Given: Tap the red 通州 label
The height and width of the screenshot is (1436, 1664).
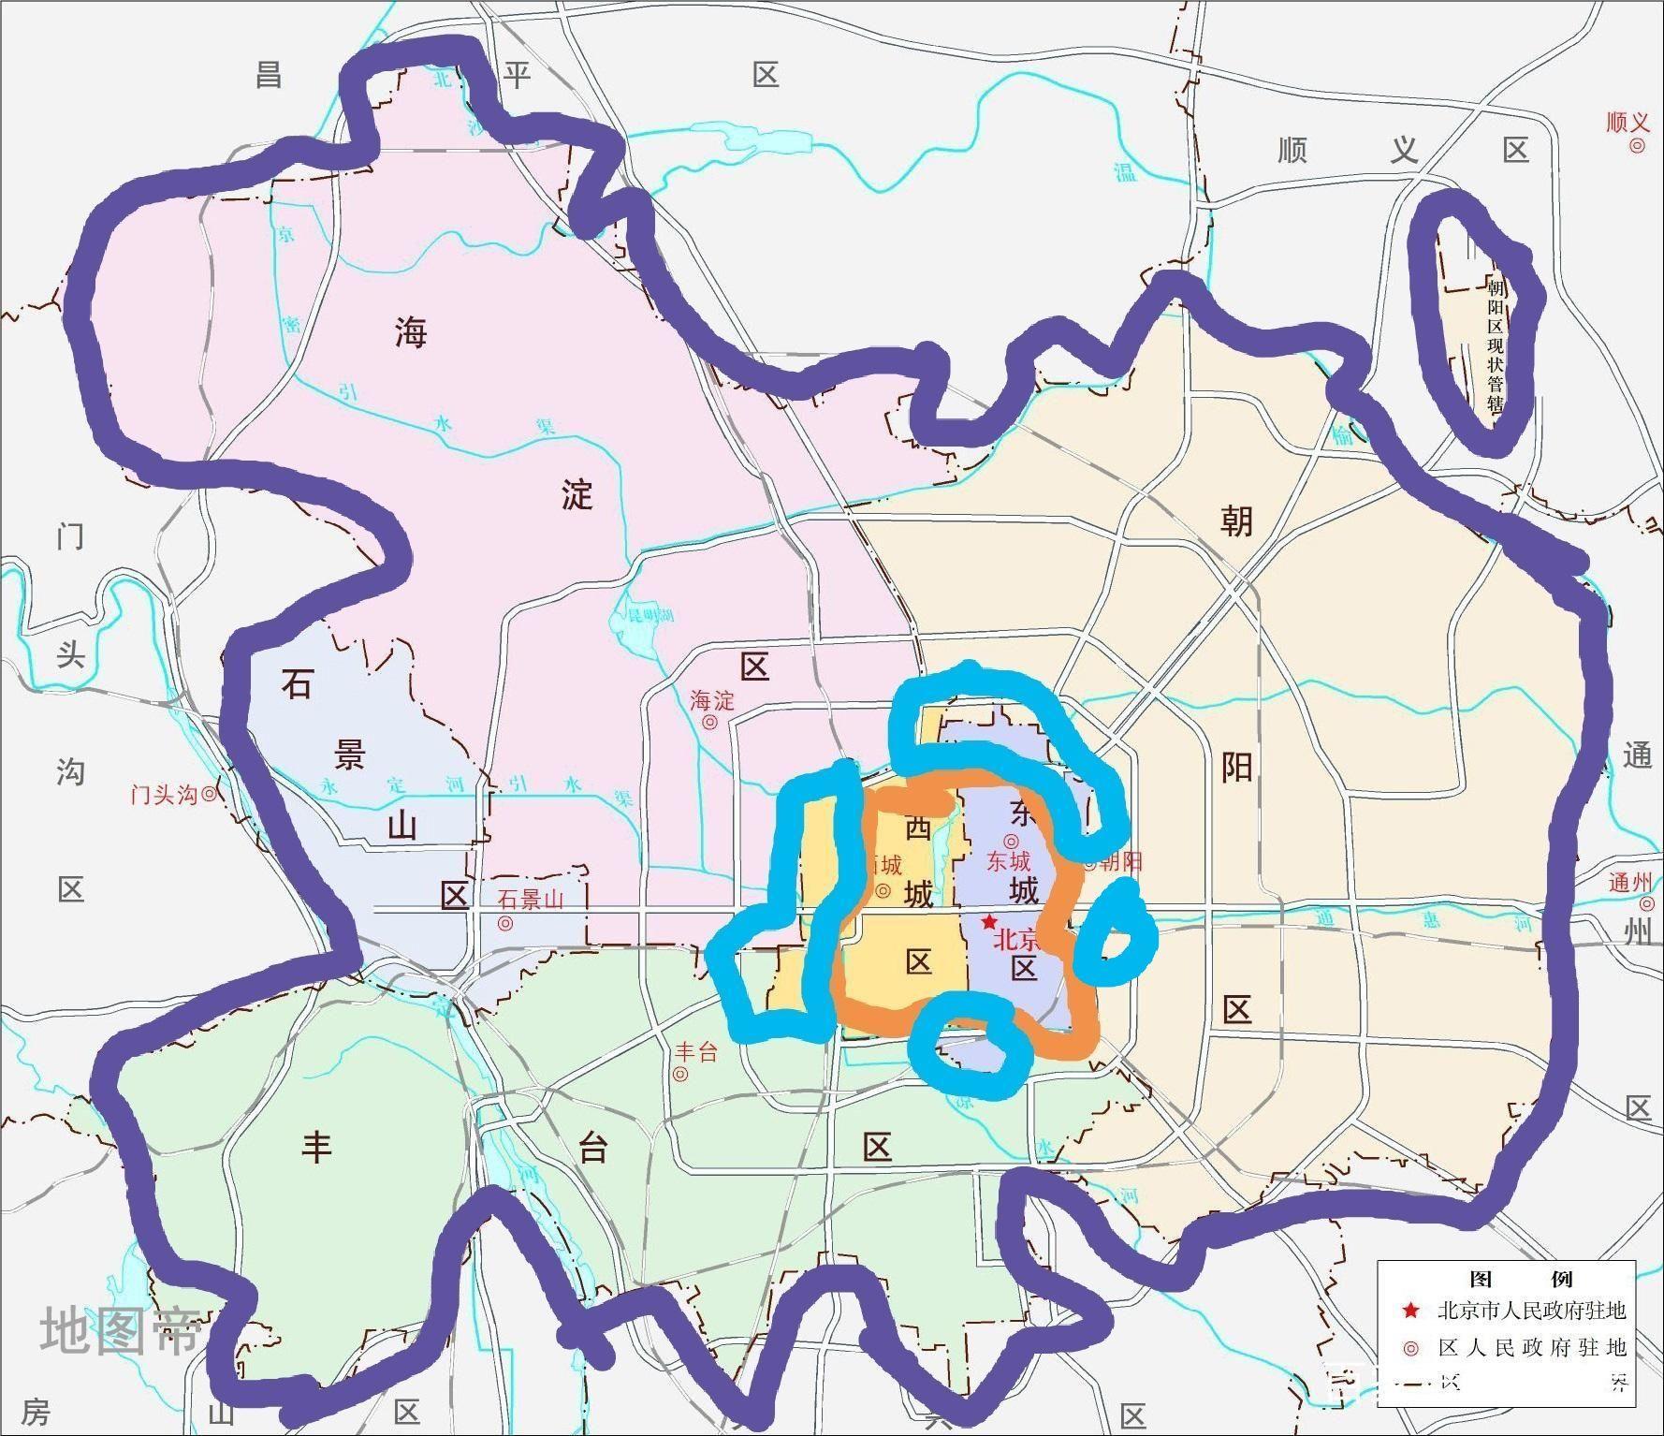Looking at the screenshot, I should point(1630,882).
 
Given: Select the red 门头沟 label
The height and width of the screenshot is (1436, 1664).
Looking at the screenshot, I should point(164,795).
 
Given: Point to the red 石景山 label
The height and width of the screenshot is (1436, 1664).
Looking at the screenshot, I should point(531,900).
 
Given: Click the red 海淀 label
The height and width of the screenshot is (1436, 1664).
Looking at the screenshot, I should point(712,700).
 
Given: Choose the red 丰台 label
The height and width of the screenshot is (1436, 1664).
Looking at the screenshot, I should point(695,1052).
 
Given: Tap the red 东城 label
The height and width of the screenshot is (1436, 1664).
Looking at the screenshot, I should point(1008,860).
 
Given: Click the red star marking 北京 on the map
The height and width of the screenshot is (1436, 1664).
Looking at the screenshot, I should point(989,921).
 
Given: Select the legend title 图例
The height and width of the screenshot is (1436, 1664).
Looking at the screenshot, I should point(1507,1279).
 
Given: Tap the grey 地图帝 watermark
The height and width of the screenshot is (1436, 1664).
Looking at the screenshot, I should point(120,1331).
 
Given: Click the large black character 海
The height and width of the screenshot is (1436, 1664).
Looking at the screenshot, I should point(411,332).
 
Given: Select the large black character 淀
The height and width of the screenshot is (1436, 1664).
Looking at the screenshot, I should point(577,494).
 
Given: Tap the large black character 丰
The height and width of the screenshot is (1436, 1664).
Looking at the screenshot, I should point(316,1147).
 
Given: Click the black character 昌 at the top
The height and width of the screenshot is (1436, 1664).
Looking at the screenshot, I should point(270,74).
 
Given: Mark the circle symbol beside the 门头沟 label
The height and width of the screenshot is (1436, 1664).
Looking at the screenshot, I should point(210,795).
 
